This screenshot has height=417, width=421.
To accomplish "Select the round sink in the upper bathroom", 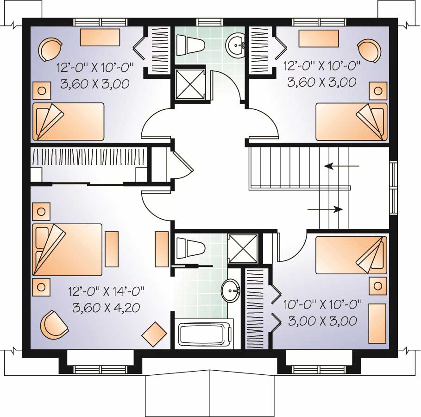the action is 238,45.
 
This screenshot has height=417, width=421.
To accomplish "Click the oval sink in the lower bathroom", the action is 230,291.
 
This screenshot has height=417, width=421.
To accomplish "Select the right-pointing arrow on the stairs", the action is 325,209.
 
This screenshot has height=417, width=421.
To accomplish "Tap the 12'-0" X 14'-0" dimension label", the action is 107,291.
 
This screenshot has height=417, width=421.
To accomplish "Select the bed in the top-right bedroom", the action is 352,121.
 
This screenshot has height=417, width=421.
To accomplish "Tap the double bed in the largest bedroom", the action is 67,250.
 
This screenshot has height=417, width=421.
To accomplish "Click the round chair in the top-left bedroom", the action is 49,50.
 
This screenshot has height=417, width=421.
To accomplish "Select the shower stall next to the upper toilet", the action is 189,84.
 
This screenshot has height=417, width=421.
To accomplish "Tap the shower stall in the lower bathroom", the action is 243,248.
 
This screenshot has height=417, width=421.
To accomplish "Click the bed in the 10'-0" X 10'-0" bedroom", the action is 352,255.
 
